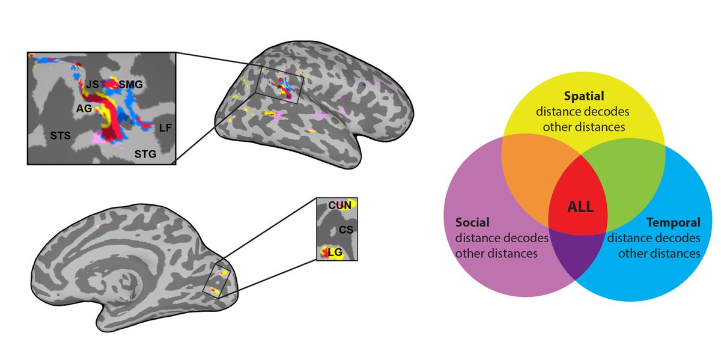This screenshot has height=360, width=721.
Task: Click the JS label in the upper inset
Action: pyautogui.click(x=92, y=84)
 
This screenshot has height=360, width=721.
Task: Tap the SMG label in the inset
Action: pyautogui.click(x=130, y=84)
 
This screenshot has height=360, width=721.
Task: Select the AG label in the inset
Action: pyautogui.click(x=84, y=109)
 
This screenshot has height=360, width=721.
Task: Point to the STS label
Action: pyautogui.click(x=60, y=136)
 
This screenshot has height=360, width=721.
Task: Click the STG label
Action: pyautogui.click(x=145, y=154)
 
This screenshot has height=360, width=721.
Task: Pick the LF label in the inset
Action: pyautogui.click(x=165, y=127)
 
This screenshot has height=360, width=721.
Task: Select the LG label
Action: pyautogui.click(x=336, y=253)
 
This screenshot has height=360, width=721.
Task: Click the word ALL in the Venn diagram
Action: pyautogui.click(x=581, y=208)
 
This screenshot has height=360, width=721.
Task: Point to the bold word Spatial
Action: pyautogui.click(x=583, y=96)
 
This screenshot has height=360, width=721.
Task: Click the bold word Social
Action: pyautogui.click(x=472, y=222)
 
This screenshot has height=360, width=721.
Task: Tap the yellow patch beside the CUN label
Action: pyautogui.click(x=353, y=204)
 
